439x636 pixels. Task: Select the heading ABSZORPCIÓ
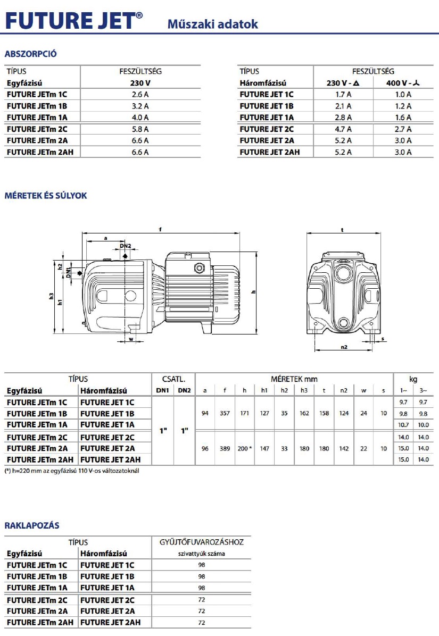tap(30, 54)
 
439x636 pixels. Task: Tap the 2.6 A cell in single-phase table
tap(140, 94)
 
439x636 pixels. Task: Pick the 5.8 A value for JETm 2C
tap(140, 129)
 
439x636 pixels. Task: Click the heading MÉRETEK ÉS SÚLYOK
tap(45, 196)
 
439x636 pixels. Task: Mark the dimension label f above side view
tap(160, 230)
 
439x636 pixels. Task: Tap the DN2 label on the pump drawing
tap(125, 246)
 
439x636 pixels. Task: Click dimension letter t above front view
tap(342, 230)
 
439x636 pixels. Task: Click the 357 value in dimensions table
tap(225, 413)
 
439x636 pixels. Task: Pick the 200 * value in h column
tap(245, 448)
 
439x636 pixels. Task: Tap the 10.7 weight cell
tap(404, 425)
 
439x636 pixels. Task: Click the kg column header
tap(413, 379)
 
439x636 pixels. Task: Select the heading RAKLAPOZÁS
tap(32, 525)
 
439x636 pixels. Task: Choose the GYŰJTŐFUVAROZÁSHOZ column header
tap(201, 542)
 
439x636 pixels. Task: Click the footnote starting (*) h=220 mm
tap(71, 471)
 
